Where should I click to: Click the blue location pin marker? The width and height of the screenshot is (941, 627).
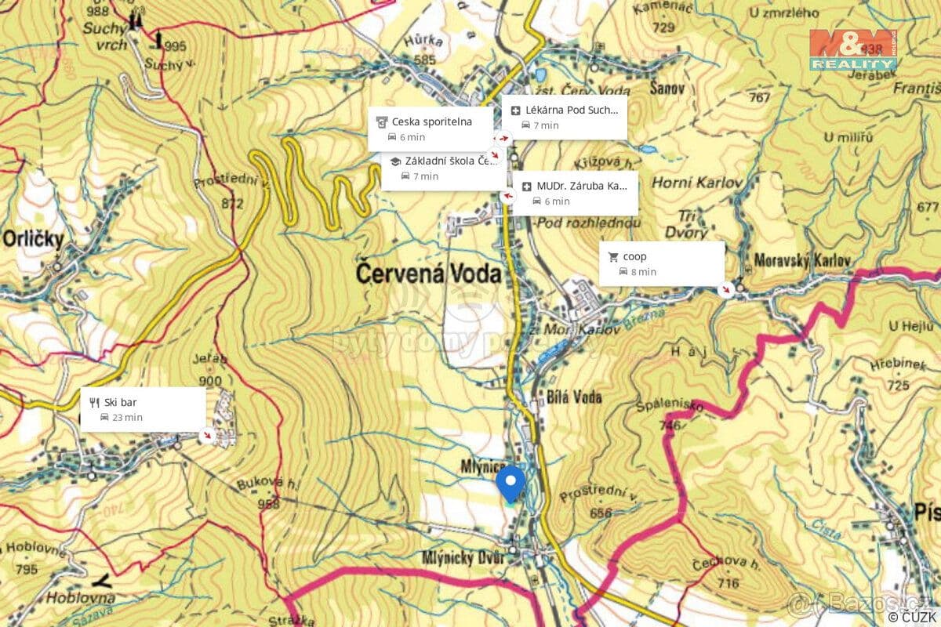[511, 481]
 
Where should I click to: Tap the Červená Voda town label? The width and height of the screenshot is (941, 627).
[428, 274]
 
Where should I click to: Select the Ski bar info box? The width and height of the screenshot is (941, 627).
[143, 409]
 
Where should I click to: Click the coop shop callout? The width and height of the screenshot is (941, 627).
[661, 263]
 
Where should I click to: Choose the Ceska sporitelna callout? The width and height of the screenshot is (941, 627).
[431, 129]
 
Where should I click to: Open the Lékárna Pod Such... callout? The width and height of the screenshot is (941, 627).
[564, 118]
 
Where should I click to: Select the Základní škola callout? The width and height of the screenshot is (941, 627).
[443, 168]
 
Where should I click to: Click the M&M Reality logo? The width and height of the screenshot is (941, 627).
[852, 50]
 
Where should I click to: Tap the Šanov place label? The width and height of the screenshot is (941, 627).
[667, 89]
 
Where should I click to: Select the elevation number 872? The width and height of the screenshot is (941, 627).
[232, 205]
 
